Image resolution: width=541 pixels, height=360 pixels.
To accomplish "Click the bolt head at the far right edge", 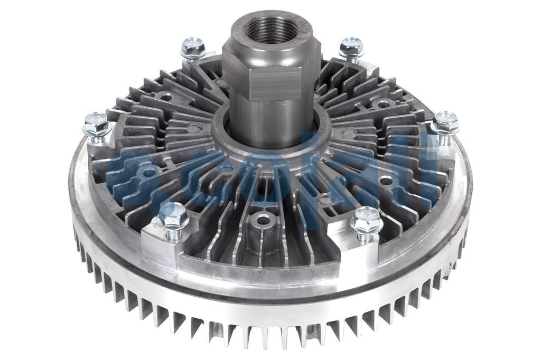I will (x=445, y=122).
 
